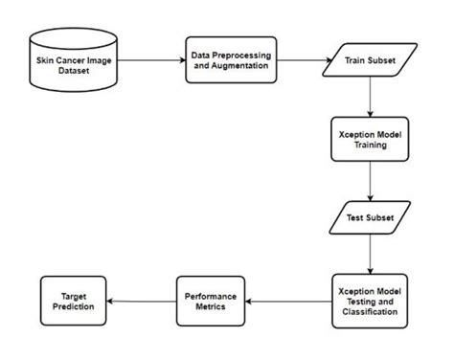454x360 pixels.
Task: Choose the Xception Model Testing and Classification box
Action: pos(369,300)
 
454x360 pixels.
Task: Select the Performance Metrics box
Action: pos(211,300)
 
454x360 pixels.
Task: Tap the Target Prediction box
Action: pos(69,300)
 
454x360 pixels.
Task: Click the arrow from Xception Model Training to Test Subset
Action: pos(369,183)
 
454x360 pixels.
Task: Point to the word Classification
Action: pos(369,311)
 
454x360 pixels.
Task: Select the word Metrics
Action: pos(211,306)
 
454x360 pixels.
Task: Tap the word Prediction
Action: pos(69,306)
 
